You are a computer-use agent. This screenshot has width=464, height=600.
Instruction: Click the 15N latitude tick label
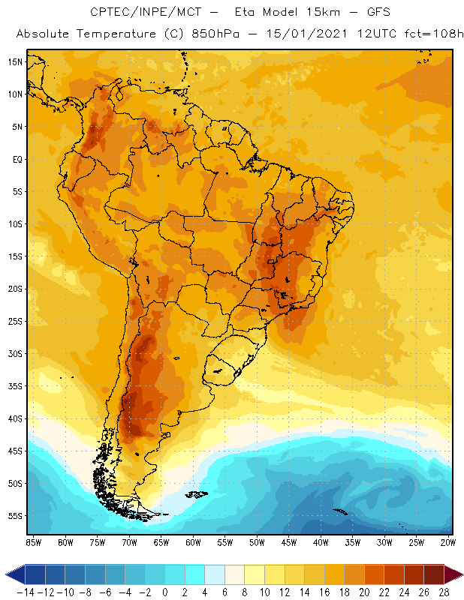click(x=14, y=61)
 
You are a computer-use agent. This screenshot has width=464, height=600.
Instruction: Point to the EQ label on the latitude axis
click(x=16, y=159)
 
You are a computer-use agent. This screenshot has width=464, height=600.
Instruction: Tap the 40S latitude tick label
click(x=14, y=418)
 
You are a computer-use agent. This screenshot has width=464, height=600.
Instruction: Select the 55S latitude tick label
click(x=14, y=516)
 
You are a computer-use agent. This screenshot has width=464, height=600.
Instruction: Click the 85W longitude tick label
click(x=33, y=542)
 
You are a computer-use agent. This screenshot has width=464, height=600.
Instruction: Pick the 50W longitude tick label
click(x=258, y=542)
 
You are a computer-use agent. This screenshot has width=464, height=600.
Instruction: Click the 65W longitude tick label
click(x=161, y=542)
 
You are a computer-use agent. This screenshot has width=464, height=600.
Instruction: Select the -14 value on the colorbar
click(x=25, y=592)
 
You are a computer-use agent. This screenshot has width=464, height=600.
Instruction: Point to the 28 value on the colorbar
click(x=444, y=592)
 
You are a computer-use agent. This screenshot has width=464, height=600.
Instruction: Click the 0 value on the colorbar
click(x=165, y=592)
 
